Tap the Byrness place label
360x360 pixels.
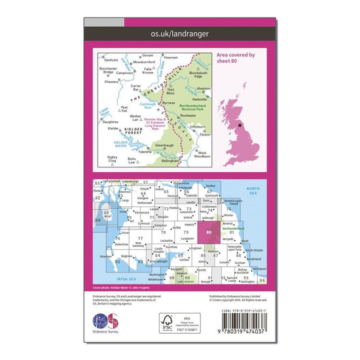169,102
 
